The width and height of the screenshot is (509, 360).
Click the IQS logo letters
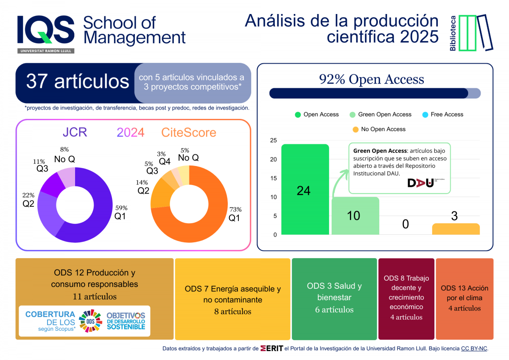pos(46,30)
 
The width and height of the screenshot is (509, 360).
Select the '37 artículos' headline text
pos(78,81)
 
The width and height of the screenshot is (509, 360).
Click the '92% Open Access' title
pos(372,79)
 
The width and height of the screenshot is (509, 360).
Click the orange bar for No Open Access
pos(456,229)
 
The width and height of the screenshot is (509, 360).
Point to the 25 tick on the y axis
pos(273,141)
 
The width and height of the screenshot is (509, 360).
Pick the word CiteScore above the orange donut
pos(188,132)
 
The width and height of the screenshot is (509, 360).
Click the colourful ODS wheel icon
pos(90,320)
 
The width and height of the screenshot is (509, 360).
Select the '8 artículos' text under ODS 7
pos(232,312)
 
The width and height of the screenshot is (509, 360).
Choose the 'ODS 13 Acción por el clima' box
pos(464,298)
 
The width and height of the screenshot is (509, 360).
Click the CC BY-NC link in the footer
pos(474,349)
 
